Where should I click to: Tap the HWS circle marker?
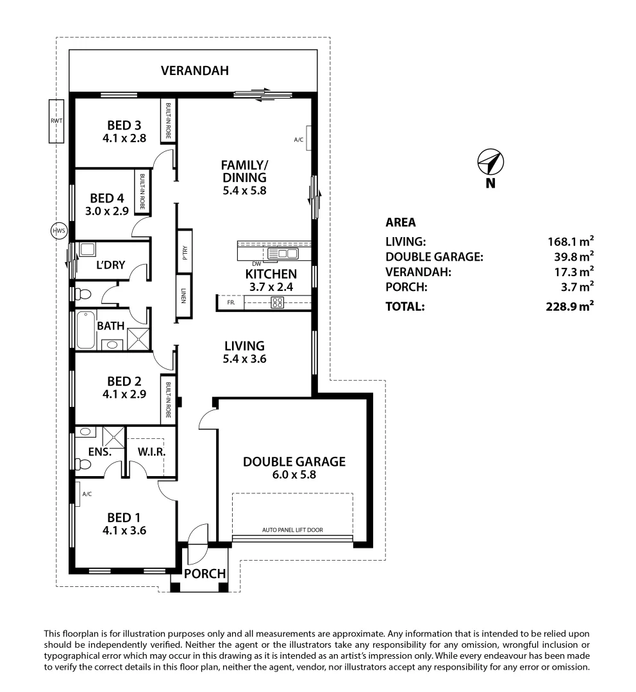pyautogui.click(x=58, y=231)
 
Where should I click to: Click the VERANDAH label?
pyautogui.click(x=194, y=70)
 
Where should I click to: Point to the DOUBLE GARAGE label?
pyautogui.click(x=294, y=461)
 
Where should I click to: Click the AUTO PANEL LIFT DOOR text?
pyautogui.click(x=292, y=530)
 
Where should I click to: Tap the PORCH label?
pyautogui.click(x=205, y=573)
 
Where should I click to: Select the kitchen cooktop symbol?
pyautogui.click(x=278, y=303)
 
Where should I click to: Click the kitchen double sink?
pyautogui.click(x=283, y=254)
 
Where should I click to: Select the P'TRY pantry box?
pyautogui.click(x=184, y=255)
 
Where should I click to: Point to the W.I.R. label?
pyautogui.click(x=152, y=452)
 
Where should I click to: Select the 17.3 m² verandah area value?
pyautogui.click(x=573, y=272)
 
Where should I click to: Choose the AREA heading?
pyautogui.click(x=401, y=223)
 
